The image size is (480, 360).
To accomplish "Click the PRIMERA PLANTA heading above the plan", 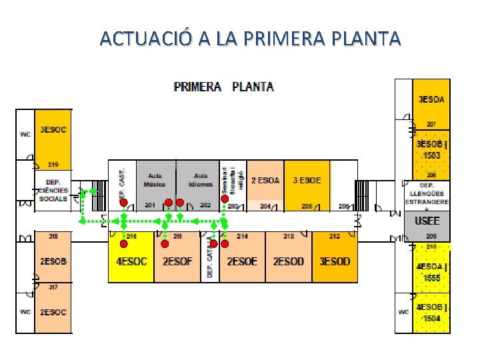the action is [223, 87].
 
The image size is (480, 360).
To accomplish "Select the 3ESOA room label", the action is [431, 99].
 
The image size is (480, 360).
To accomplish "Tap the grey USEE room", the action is [427, 221].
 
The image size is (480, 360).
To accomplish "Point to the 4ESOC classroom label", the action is [131, 261].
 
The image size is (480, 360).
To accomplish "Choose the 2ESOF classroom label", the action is [177, 261].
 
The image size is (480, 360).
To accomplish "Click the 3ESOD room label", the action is [335, 261].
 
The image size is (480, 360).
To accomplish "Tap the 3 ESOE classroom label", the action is [307, 180].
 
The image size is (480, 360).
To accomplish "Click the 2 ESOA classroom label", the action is [265, 180].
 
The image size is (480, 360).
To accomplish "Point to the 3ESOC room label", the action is [53, 129].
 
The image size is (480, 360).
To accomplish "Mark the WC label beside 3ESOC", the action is [25, 134].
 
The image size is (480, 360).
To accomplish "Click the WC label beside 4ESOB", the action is [403, 311].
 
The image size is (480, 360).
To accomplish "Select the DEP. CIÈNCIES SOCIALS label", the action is [53, 190].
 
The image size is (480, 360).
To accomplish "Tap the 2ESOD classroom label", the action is [288, 261].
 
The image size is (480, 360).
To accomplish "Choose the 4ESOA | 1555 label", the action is [432, 273].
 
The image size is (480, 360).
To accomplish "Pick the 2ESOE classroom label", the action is [242, 261].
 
